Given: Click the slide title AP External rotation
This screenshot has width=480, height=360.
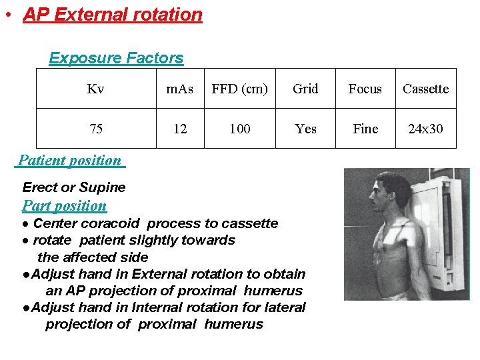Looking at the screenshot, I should [113, 15].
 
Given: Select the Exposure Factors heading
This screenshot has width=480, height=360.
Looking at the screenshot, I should [116, 58].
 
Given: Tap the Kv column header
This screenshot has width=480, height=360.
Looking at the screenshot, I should [95, 89].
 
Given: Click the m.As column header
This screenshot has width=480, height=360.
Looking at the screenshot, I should [180, 89].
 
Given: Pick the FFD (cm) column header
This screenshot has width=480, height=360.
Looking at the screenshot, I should [239, 89].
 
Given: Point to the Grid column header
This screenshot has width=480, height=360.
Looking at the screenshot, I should [305, 89].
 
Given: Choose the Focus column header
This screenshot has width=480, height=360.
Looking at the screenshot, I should [365, 89].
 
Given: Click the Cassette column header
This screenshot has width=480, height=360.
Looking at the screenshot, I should [425, 89].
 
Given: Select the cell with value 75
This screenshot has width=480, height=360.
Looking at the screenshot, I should [96, 129].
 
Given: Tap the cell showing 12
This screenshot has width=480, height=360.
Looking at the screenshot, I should [180, 129].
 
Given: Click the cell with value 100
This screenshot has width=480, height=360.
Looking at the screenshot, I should [239, 129].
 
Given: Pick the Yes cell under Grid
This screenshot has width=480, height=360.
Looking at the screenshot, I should [305, 129].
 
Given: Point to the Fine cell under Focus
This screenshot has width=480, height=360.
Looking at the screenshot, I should [365, 129].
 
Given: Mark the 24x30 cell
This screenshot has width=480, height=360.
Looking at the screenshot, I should [425, 129].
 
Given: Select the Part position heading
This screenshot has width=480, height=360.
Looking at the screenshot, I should [65, 205].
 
